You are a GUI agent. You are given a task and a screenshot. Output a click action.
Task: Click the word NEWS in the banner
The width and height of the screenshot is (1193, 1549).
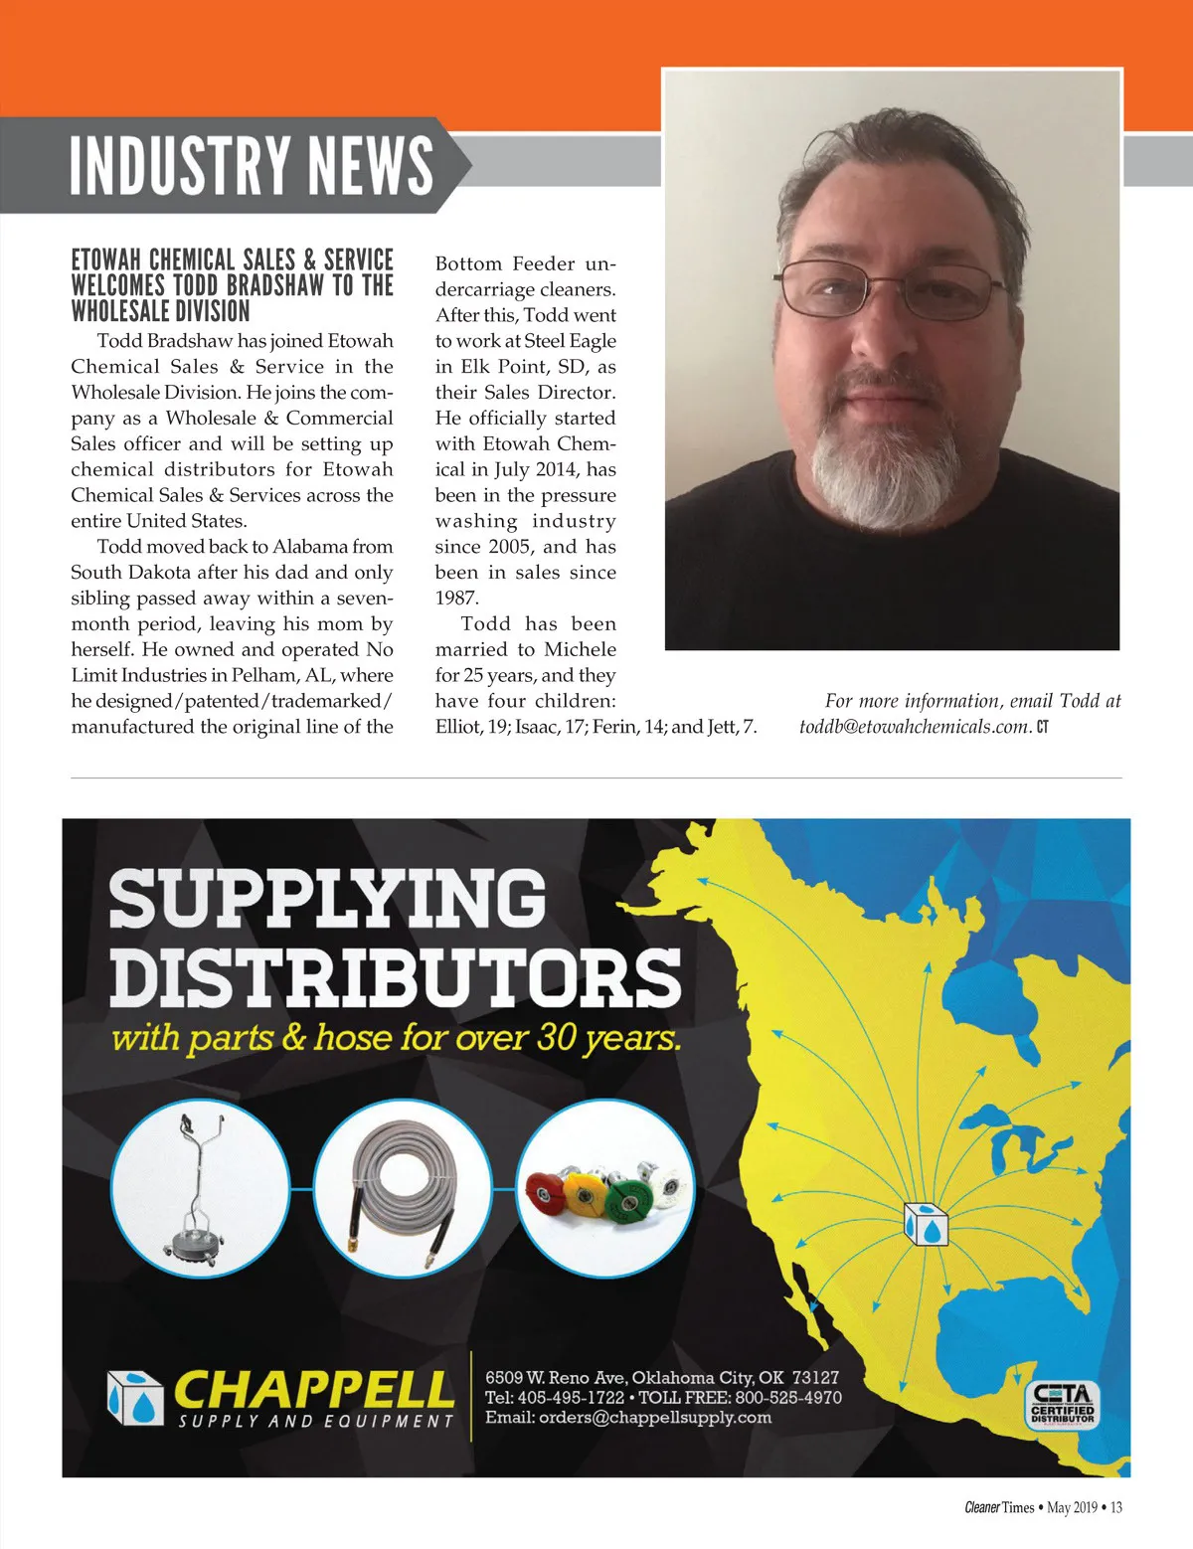pyautogui.click(x=370, y=165)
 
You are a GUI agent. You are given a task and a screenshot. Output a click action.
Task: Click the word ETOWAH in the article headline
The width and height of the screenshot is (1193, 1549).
pyautogui.click(x=105, y=260)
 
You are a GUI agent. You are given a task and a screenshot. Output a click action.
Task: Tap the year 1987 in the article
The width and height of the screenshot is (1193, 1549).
pyautogui.click(x=456, y=599)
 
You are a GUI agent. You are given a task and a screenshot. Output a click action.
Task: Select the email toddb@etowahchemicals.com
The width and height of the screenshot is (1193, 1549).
pyautogui.click(x=914, y=727)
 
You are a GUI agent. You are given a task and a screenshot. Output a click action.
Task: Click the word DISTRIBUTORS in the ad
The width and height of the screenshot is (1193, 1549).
pyautogui.click(x=395, y=976)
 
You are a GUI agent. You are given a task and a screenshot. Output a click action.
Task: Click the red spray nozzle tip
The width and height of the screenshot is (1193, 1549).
pyautogui.click(x=544, y=1188)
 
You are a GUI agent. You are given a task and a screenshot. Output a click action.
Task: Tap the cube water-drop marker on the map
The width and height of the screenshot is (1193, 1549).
pyautogui.click(x=926, y=1224)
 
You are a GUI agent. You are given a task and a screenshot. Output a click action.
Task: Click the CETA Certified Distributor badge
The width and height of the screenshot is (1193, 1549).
pyautogui.click(x=1062, y=1405)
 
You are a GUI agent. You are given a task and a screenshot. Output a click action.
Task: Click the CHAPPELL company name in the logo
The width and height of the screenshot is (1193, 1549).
pyautogui.click(x=313, y=1389)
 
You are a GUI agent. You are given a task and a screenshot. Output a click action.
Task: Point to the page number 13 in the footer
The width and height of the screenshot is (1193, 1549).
pyautogui.click(x=1116, y=1508)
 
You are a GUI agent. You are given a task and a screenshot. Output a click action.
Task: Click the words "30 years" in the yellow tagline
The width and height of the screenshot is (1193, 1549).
pyautogui.click(x=608, y=1039)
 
